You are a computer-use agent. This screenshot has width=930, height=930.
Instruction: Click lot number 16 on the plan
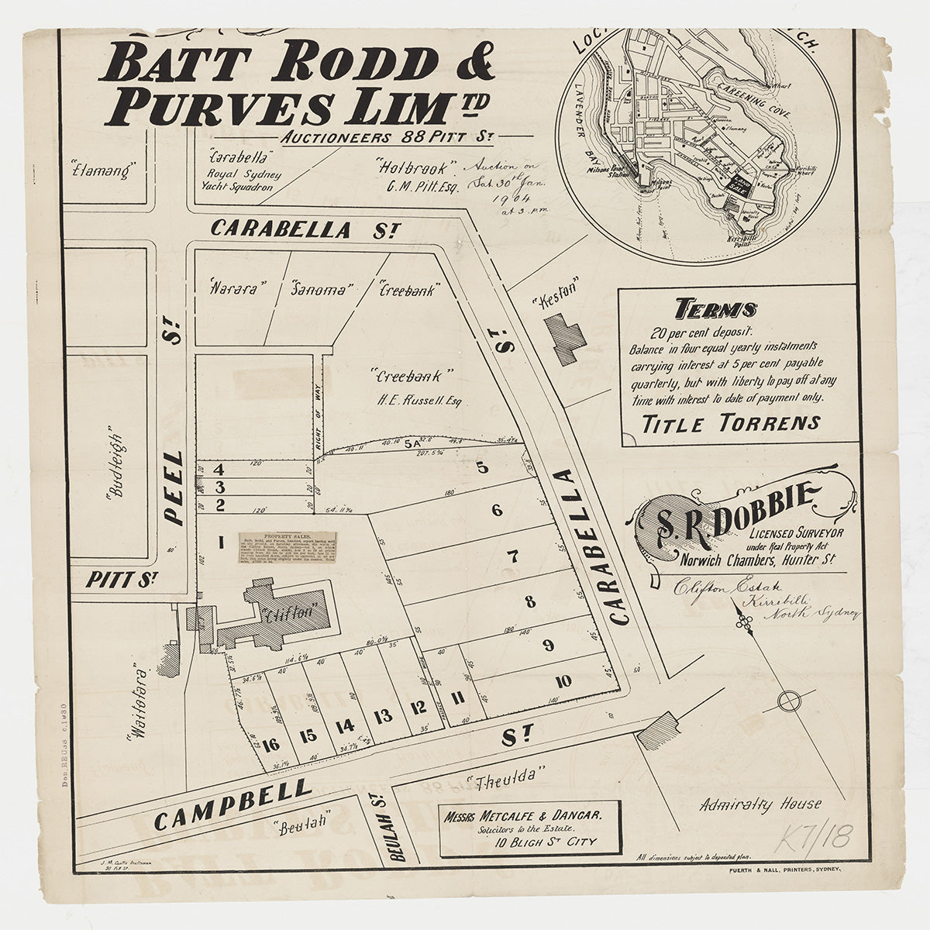tap(270, 745)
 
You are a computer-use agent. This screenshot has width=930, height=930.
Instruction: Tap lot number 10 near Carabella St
tap(563, 681)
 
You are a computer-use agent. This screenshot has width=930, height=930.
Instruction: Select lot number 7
tap(512, 556)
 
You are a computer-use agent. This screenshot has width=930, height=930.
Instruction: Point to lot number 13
tap(382, 716)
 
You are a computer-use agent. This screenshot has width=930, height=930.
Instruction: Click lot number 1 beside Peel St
tap(221, 542)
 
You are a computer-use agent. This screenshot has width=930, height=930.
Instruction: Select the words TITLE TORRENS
tap(731, 423)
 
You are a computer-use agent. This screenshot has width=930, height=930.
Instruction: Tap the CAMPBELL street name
tap(232, 806)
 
